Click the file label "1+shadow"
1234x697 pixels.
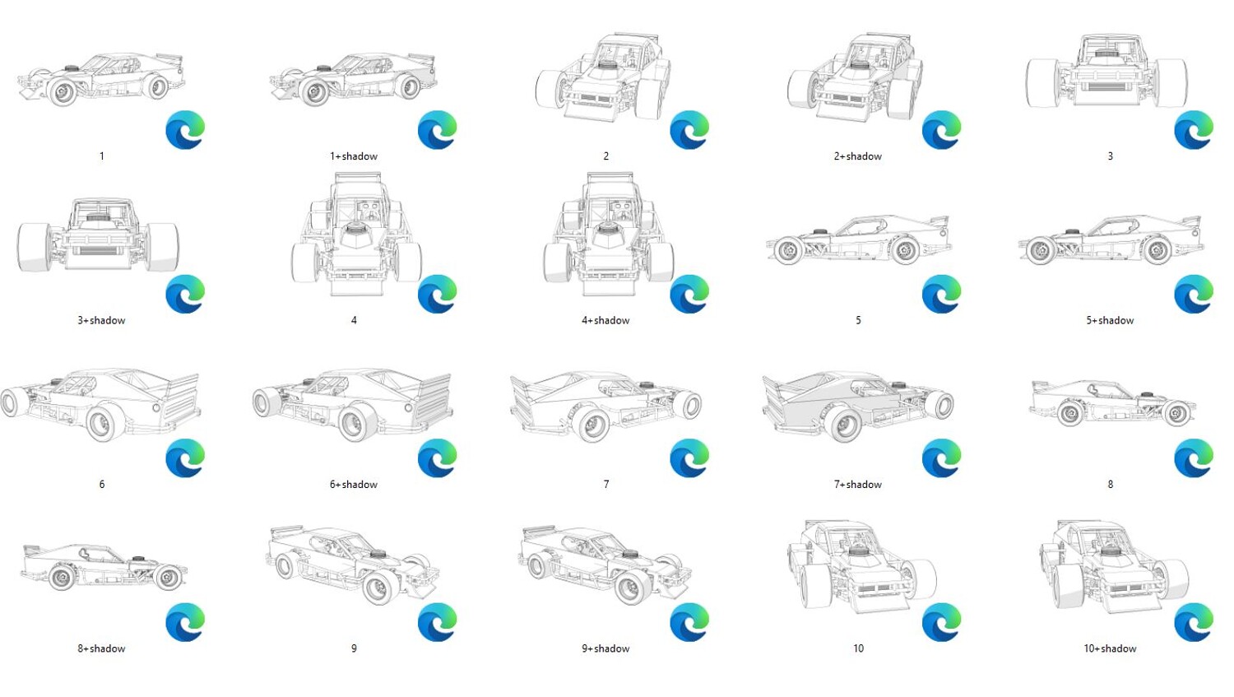[354, 156]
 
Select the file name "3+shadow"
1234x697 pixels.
[101, 321]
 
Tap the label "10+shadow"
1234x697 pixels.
[1110, 648]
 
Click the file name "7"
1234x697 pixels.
[606, 485]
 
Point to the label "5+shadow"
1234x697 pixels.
[1110, 321]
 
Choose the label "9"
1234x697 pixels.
[354, 648]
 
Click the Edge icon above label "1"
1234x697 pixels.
[185, 130]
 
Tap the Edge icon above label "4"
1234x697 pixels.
[438, 295]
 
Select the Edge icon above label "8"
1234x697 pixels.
[1194, 458]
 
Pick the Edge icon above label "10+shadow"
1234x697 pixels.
[1194, 622]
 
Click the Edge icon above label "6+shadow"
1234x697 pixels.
[438, 458]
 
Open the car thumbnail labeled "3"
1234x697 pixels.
[1106, 72]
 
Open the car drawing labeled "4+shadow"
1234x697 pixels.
[608, 235]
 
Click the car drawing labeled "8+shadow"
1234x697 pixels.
[104, 568]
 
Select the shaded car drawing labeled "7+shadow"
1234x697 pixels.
[858, 407]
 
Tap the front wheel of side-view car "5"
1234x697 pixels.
[788, 251]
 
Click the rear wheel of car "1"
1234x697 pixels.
[158, 86]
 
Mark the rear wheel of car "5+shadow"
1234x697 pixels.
[1157, 251]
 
